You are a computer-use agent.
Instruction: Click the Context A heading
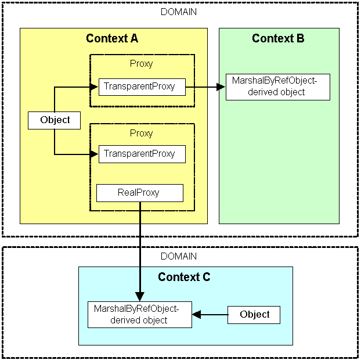[x=112, y=39]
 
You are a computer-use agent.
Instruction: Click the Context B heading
[x=278, y=39]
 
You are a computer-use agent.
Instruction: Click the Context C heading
[x=184, y=277]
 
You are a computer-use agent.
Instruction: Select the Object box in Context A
[x=55, y=120]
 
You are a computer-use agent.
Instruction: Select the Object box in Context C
[x=254, y=315]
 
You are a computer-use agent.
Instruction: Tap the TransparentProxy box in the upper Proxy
[x=142, y=87]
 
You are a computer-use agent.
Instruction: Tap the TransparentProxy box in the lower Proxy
[x=142, y=154]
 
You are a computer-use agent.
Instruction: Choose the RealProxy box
[x=139, y=193]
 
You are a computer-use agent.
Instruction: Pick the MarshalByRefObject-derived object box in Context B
[x=277, y=87]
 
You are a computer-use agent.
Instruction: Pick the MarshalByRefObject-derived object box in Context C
[x=139, y=315]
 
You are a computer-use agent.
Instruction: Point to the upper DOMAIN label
[x=178, y=12]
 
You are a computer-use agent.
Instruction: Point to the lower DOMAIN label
[x=178, y=256]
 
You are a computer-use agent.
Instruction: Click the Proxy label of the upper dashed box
[x=142, y=64]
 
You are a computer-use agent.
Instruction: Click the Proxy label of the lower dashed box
[x=142, y=133]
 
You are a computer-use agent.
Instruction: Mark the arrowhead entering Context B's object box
[x=221, y=87]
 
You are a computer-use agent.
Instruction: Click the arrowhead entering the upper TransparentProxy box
[x=94, y=87]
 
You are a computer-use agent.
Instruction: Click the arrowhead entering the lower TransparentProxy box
[x=94, y=154]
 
